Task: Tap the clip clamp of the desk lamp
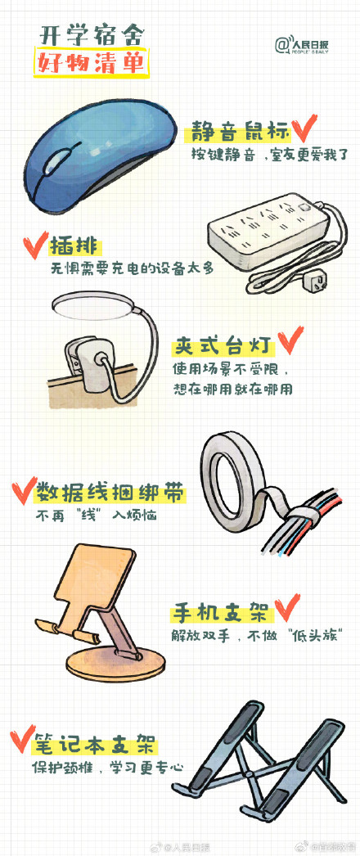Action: pyautogui.click(x=89, y=359)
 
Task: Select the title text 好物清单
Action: pyautogui.click(x=90, y=63)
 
